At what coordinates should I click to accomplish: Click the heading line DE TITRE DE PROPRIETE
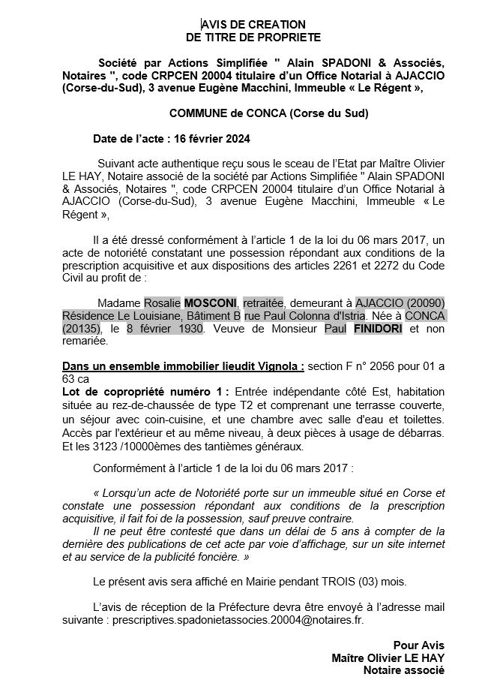click(253, 37)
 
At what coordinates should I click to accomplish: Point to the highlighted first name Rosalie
click(162, 302)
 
